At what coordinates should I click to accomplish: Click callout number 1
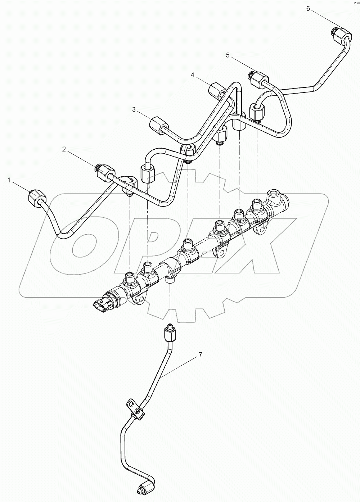(x=9, y=180)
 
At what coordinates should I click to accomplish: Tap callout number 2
(x=64, y=149)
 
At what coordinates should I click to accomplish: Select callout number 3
(x=134, y=110)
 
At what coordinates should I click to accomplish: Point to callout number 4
(x=193, y=75)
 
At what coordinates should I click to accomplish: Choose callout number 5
(x=228, y=55)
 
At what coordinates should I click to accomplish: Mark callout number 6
(x=308, y=9)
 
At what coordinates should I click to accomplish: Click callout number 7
(x=200, y=354)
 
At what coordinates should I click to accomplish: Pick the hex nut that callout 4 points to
(x=217, y=89)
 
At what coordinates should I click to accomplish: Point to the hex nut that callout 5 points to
(x=259, y=78)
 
